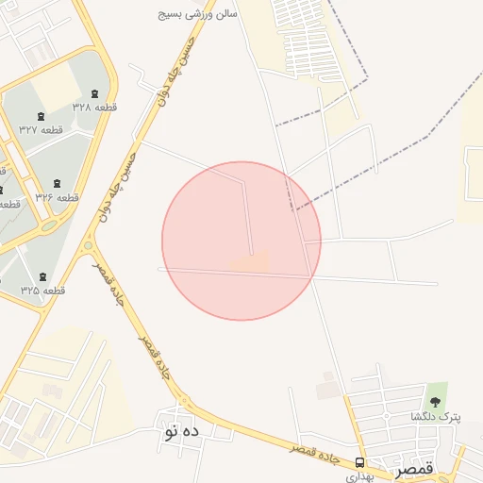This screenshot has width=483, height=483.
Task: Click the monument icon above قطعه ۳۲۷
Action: pyautogui.click(x=25, y=115)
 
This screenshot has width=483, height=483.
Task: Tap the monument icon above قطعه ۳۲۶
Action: pyautogui.click(x=58, y=182)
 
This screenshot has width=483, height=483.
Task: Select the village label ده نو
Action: pyautogui.click(x=181, y=432)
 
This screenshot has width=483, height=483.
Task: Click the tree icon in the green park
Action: pyautogui.click(x=435, y=390)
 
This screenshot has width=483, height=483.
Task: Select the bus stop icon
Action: pyautogui.click(x=359, y=461)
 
